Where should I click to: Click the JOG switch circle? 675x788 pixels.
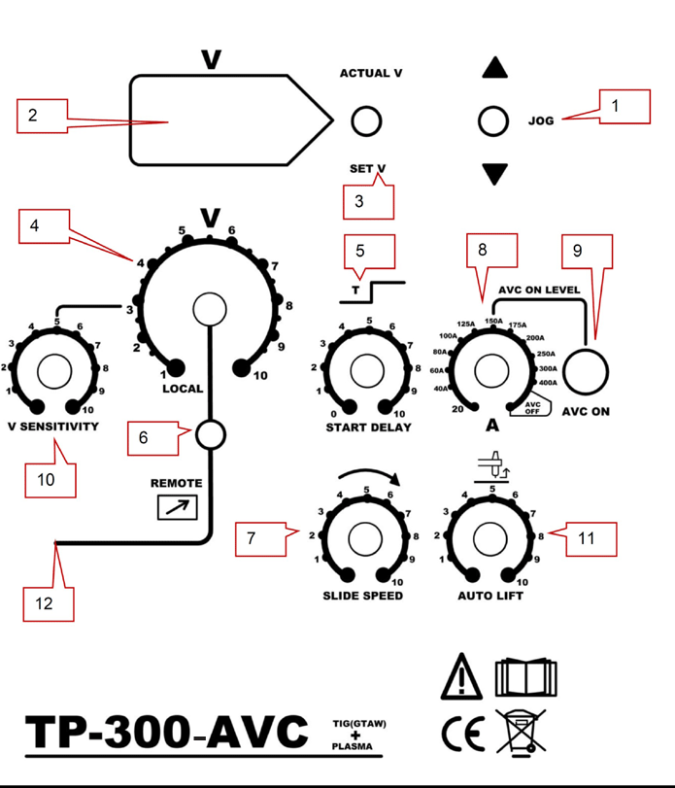[x=494, y=121]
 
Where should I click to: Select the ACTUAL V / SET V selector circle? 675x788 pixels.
[x=366, y=121]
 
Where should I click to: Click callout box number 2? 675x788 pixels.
[x=41, y=116]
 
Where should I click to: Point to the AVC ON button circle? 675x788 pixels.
[x=587, y=369]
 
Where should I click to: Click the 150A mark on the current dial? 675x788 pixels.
[x=493, y=322]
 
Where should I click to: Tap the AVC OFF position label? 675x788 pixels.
[x=532, y=407]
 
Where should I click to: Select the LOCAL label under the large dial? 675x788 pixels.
[x=183, y=389]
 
